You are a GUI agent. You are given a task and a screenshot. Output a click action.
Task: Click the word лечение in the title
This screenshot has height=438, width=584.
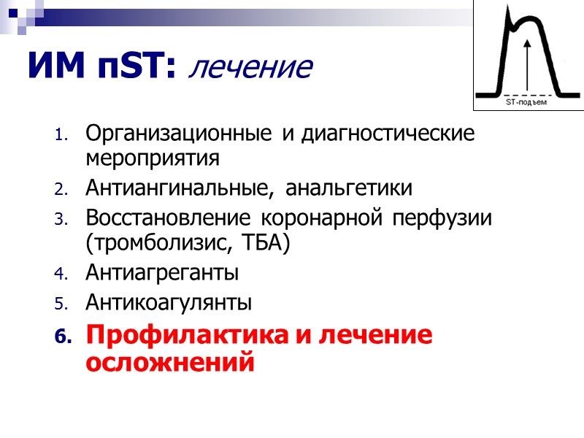pyautogui.click(x=250, y=68)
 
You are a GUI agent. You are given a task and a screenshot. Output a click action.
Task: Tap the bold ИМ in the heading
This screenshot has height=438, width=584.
pyautogui.click(x=53, y=66)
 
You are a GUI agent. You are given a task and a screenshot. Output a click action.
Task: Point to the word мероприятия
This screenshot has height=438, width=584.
pyautogui.click(x=152, y=157)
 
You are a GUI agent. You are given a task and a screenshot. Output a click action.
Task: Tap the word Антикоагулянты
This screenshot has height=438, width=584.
pyautogui.click(x=169, y=301)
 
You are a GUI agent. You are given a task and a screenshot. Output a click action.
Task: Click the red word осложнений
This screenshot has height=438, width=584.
pyautogui.click(x=170, y=362)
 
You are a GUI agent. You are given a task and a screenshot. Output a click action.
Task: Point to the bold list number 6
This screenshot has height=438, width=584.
pyautogui.click(x=64, y=337)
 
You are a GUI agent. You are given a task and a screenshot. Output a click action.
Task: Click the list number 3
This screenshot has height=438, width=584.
pyautogui.click(x=61, y=220)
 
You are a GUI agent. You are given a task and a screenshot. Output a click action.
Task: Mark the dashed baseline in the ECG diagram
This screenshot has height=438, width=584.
pyautogui.click(x=526, y=94)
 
